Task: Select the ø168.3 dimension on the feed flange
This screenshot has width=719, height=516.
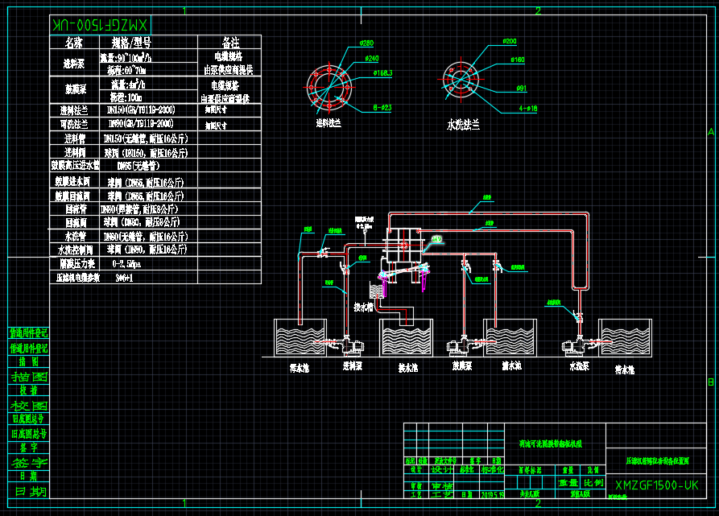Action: click(x=382, y=73)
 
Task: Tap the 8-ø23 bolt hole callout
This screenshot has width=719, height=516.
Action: click(x=382, y=107)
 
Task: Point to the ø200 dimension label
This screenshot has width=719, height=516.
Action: click(x=509, y=41)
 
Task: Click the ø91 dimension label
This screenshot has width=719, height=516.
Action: click(x=521, y=88)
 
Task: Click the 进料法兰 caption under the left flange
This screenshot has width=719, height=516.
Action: click(x=328, y=123)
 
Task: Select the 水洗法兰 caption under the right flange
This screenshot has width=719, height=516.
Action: click(x=463, y=125)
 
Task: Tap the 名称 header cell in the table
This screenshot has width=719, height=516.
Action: click(x=74, y=42)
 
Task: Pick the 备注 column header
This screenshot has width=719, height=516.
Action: click(x=229, y=42)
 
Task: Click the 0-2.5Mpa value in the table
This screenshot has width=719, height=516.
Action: click(x=127, y=263)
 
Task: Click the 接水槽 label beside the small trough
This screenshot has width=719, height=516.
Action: click(x=362, y=308)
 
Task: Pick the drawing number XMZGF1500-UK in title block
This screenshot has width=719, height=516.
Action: click(x=655, y=485)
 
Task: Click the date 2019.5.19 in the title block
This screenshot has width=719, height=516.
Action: click(x=492, y=495)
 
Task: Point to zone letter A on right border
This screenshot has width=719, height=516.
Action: click(x=710, y=130)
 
